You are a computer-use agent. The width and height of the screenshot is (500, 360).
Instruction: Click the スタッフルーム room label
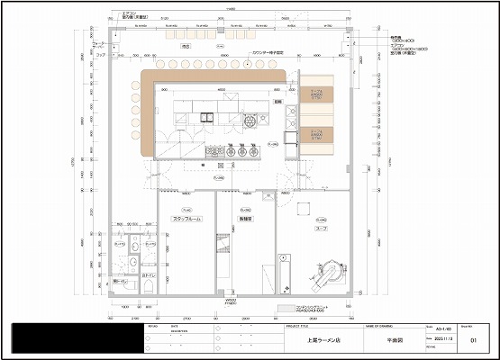click(x=185, y=220)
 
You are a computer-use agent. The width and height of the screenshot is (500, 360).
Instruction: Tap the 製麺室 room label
click(x=244, y=220)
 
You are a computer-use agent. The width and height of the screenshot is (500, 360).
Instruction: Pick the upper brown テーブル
click(x=317, y=94)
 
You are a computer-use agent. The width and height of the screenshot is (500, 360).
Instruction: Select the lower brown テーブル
click(x=317, y=136)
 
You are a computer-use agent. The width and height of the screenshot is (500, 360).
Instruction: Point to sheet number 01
click(x=472, y=342)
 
